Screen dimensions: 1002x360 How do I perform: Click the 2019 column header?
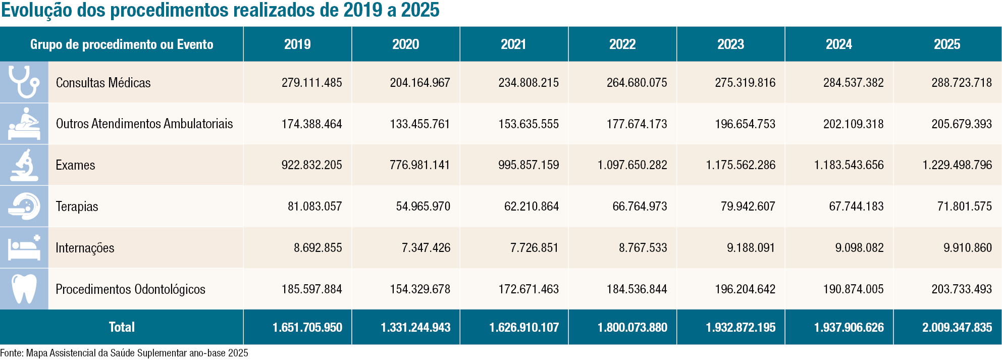[297, 44]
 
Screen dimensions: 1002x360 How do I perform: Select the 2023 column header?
[730, 44]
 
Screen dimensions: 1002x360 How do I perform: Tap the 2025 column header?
[947, 44]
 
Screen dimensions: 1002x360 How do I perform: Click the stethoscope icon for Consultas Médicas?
[24, 82]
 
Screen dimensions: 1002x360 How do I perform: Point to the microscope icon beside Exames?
[24, 165]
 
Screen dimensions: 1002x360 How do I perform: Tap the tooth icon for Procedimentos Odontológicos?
[24, 289]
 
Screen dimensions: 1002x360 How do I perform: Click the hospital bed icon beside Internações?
[24, 247]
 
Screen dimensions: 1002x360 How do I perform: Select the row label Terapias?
[77, 207]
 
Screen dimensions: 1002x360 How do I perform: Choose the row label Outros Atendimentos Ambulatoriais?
[144, 124]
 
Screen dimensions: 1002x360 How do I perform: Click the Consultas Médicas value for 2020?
[420, 83]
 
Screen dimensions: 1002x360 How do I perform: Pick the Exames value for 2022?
[632, 165]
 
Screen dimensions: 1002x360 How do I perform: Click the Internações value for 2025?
[968, 248]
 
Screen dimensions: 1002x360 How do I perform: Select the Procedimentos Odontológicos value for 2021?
[529, 289]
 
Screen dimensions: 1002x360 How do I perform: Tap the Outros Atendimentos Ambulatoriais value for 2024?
[854, 124]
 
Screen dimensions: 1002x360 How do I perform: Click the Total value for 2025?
[957, 328]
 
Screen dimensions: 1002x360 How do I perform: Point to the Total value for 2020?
[415, 328]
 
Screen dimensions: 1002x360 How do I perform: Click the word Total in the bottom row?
[122, 327]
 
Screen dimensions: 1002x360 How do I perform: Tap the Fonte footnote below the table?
[124, 353]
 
